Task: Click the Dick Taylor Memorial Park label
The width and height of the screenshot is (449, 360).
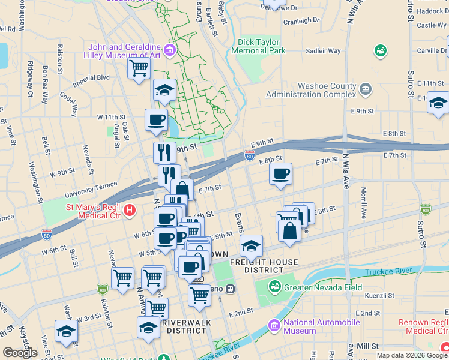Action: coord(258,47)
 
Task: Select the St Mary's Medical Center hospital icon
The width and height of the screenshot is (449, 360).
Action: coord(130,211)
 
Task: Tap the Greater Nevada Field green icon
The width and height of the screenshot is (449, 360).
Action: coord(276,287)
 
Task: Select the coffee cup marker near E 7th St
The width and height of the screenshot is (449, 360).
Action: coord(280,175)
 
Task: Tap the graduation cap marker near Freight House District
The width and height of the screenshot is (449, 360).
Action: coord(251,246)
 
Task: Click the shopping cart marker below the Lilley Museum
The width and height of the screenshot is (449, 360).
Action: coord(139,68)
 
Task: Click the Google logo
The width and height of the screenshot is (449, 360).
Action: coord(20,353)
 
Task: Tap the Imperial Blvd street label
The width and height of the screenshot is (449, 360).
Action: coord(91,78)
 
